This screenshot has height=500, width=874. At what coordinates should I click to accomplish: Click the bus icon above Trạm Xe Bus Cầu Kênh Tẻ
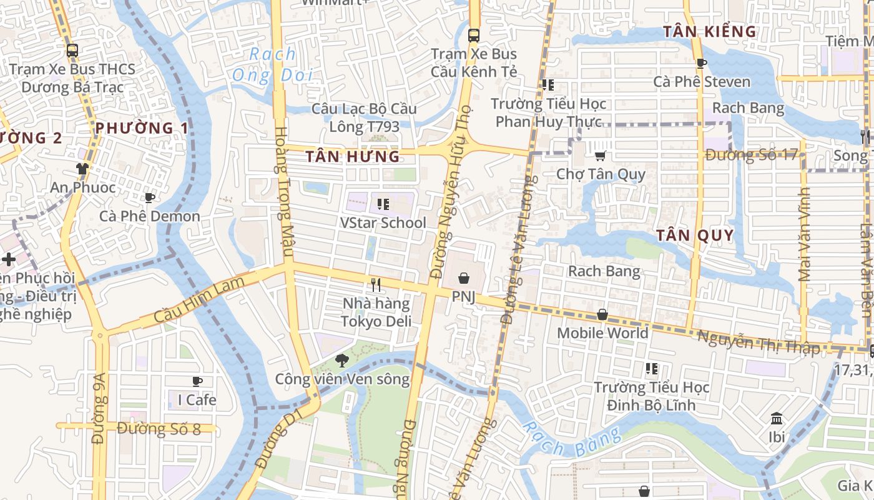coord(474,35)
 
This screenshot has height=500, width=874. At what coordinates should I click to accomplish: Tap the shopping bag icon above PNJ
coord(463,278)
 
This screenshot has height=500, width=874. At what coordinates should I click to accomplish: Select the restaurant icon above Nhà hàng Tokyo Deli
coord(376,285)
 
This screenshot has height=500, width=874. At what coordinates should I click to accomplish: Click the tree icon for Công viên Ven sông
coord(341,360)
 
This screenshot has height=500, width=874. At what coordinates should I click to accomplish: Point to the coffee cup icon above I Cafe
coord(197,381)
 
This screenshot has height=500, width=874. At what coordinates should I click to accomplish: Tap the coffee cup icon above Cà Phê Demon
coord(150,198)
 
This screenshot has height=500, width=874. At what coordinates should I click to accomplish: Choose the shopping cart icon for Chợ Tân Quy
coord(601,156)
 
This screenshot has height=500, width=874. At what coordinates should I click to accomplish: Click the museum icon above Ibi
coord(777,418)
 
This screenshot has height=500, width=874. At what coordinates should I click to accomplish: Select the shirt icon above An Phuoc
coord(82,168)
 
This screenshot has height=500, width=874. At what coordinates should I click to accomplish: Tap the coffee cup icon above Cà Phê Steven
coord(702,63)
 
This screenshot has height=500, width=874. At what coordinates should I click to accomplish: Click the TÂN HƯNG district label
coord(353,157)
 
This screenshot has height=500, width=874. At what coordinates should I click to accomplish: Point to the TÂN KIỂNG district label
coord(709,31)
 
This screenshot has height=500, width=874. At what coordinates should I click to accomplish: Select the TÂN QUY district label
coord(695,236)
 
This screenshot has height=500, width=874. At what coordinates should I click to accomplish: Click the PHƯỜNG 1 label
coord(142,129)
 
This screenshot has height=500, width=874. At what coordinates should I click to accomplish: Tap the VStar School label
coord(383,222)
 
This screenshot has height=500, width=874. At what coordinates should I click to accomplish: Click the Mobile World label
coord(602,333)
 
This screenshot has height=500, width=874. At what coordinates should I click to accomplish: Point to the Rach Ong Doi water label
coord(272,65)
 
